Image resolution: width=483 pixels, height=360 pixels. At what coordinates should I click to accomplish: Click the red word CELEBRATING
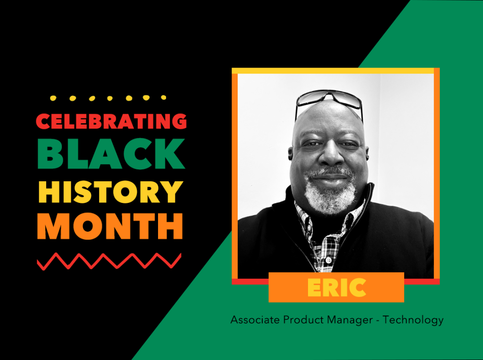click(x=111, y=121)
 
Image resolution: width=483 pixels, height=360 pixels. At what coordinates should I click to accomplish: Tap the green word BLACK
click(x=111, y=153)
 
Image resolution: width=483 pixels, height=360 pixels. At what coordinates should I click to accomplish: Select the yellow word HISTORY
click(x=111, y=192)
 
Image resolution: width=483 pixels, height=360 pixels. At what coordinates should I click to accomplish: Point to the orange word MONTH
click(x=110, y=226)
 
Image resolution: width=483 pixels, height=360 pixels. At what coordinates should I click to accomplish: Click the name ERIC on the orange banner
click(x=337, y=287)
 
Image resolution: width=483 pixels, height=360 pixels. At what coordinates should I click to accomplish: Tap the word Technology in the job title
click(x=413, y=320)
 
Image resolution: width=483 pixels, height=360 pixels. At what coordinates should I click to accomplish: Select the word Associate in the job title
click(x=255, y=319)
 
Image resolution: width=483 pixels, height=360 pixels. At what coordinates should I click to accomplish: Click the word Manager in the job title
click(x=350, y=320)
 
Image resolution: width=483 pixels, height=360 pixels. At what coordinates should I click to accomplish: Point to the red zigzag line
click(x=109, y=261)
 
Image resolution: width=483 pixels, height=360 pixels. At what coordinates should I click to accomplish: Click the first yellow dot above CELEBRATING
click(x=53, y=98)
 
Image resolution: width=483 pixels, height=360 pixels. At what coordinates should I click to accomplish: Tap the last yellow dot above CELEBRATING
click(x=164, y=98)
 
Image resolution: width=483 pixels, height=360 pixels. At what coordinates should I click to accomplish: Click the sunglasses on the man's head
click(x=329, y=100)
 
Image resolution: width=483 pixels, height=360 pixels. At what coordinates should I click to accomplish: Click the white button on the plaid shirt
click(x=328, y=260)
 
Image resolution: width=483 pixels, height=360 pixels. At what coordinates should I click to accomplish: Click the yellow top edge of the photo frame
click(x=333, y=71)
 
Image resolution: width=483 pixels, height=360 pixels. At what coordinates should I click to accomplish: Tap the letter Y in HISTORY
click(x=173, y=192)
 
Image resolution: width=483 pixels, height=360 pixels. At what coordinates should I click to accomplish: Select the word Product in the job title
click(x=303, y=319)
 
